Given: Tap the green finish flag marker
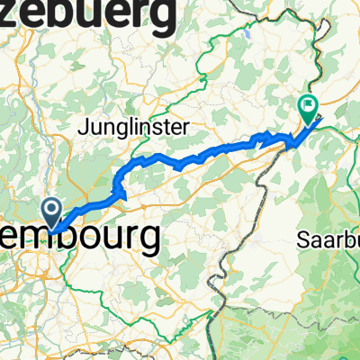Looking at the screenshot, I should [309, 109].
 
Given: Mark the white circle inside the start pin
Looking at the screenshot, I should [51, 211].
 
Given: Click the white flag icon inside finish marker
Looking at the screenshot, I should [309, 105].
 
